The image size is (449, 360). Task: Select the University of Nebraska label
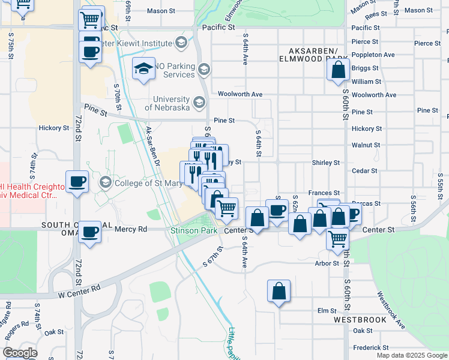[171, 103]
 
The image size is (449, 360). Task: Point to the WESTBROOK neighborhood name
[360, 320]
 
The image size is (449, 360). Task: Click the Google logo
[20, 353]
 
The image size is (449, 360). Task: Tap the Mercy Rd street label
[130, 229]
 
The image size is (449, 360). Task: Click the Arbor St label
[327, 263]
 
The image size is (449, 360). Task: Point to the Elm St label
[327, 310]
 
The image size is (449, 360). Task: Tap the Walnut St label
[366, 145]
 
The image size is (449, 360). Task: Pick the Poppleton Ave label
[373, 55]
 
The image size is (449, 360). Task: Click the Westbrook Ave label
[391, 310]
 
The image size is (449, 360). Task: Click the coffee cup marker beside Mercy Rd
[90, 232]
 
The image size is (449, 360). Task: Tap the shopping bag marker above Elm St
[279, 291]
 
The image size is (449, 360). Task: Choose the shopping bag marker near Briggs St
[338, 69]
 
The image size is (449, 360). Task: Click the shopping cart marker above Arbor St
[338, 238]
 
